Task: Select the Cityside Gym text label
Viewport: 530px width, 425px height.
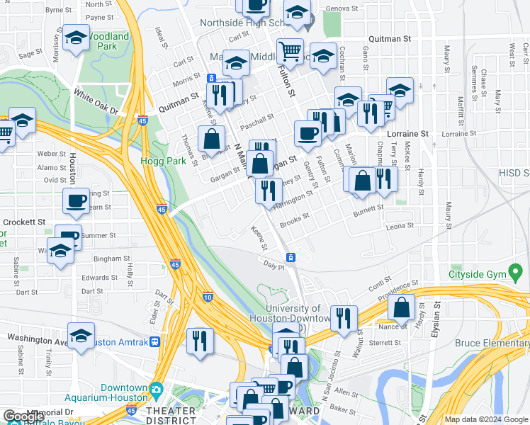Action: coord(485,274)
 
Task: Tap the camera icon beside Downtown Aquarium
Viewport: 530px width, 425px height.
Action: coord(155,389)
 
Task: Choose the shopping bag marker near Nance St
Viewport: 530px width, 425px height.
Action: coord(402,307)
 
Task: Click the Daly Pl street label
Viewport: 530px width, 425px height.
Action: coord(274,266)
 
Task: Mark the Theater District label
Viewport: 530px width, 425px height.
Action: coord(171,416)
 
